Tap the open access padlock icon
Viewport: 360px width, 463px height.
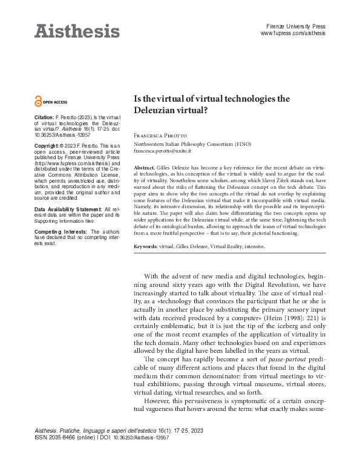pos(39,102)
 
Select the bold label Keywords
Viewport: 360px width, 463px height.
pos(146,247)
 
